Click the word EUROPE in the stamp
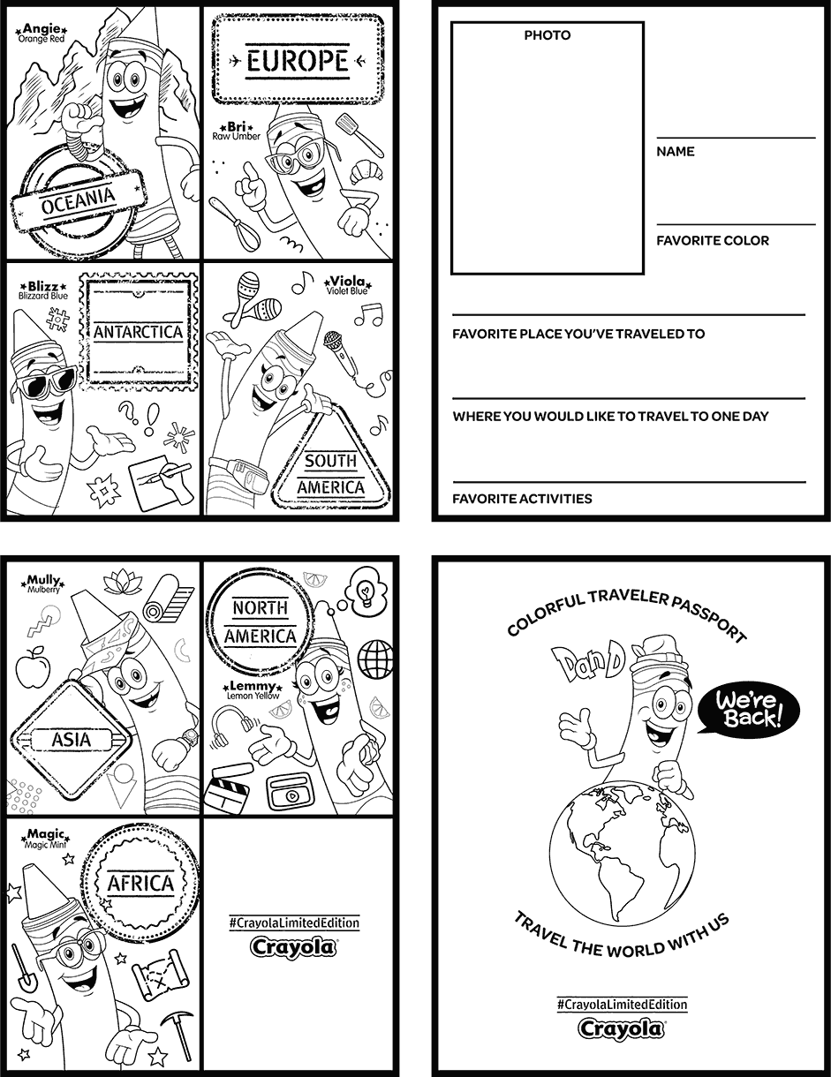[x=298, y=62]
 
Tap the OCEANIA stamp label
[x=78, y=200]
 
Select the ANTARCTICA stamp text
[x=139, y=332]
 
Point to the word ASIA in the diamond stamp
[x=72, y=740]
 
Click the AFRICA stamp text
[x=140, y=883]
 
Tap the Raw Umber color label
[x=237, y=136]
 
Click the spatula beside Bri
[x=358, y=134]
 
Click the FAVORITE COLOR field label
[x=713, y=241]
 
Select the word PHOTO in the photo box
[x=548, y=35]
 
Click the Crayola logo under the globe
[x=622, y=1029]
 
